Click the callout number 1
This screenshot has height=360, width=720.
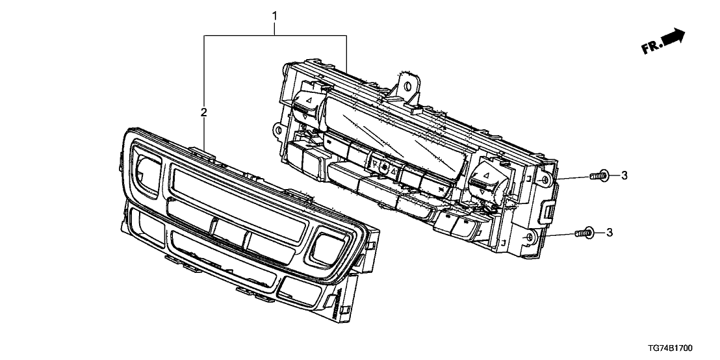click(275, 16)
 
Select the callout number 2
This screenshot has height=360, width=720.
click(204, 112)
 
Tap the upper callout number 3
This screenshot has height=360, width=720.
click(624, 175)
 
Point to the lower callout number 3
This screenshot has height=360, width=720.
click(610, 233)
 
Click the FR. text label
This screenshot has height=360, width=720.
click(652, 46)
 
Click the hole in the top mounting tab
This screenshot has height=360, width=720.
click(407, 85)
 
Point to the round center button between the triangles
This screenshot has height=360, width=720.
click(385, 168)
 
